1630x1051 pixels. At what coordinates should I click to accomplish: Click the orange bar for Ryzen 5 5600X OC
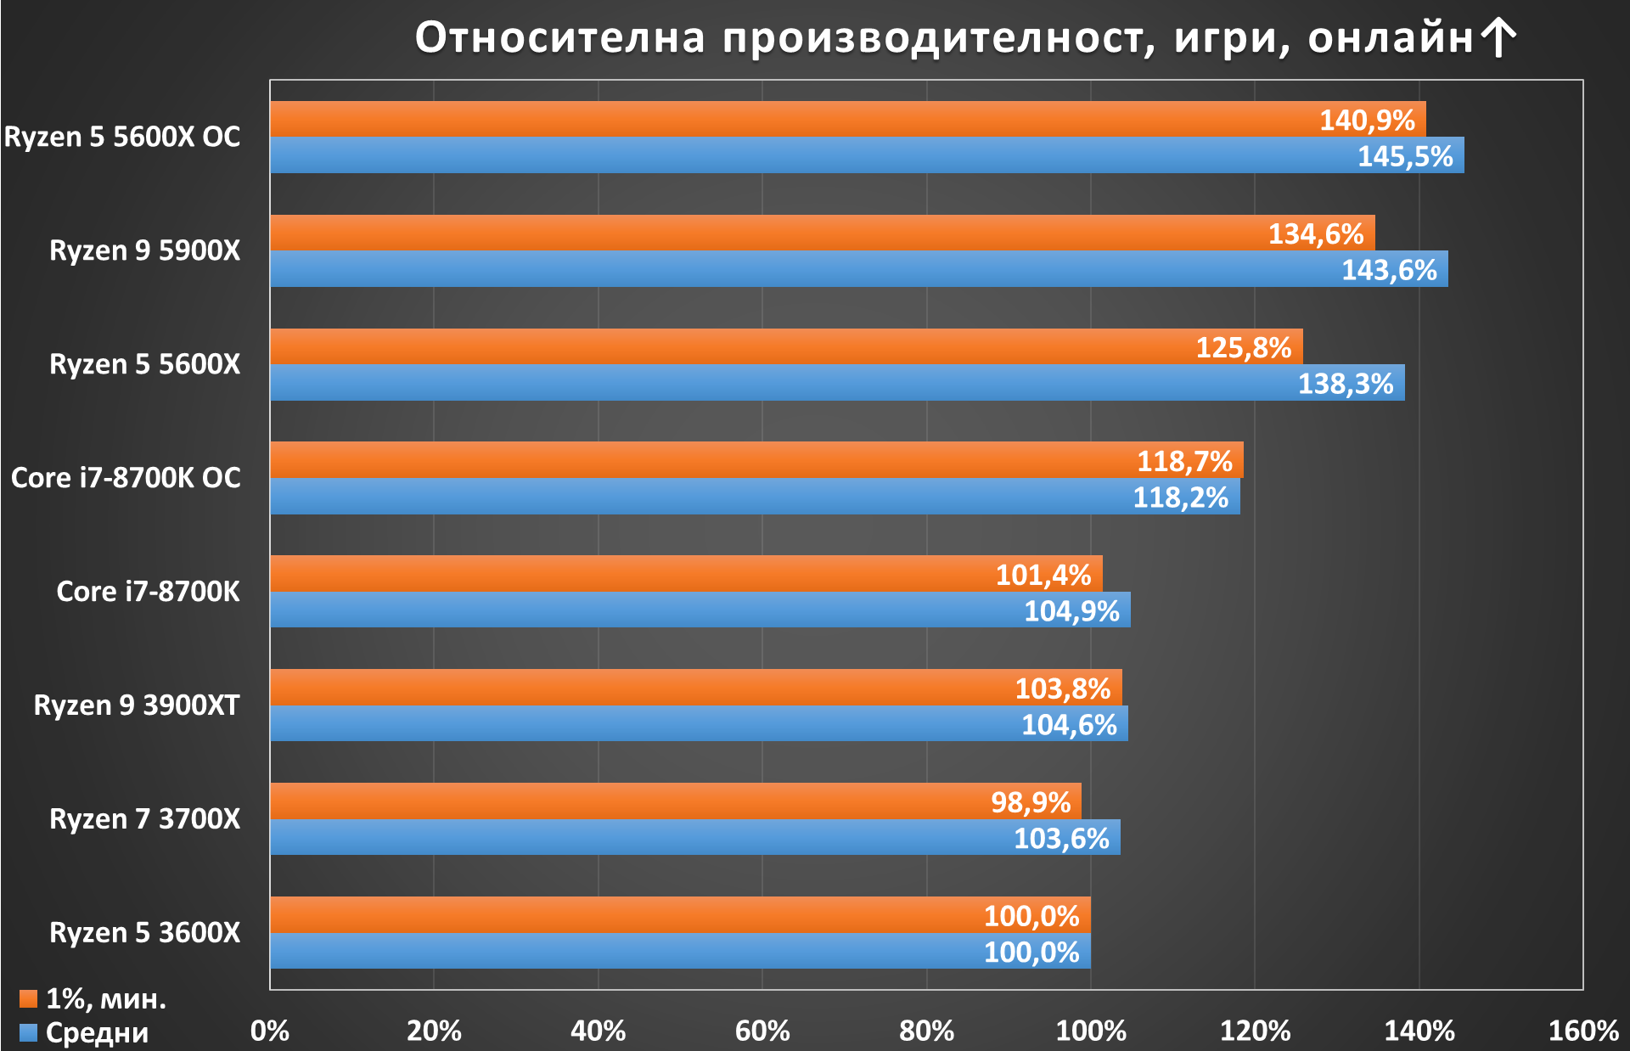click(x=848, y=119)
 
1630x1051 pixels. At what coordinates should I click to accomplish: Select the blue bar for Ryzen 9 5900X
click(x=859, y=268)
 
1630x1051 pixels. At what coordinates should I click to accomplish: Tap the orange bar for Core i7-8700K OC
click(x=757, y=459)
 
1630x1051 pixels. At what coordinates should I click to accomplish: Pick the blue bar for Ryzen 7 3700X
click(x=695, y=837)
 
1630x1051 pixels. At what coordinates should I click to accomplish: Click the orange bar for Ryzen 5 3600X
click(x=681, y=914)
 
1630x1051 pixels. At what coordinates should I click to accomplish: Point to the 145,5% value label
click(x=1405, y=156)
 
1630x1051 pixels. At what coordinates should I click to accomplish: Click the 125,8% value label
click(x=1244, y=347)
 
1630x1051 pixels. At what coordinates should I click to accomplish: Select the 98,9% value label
click(x=1031, y=802)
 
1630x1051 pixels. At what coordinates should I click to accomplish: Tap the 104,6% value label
click(x=1069, y=725)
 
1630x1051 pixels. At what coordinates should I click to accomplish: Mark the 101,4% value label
click(x=1043, y=576)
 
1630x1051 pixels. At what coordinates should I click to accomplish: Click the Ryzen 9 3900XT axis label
click(x=137, y=705)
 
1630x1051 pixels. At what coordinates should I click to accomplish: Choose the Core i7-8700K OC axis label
click(x=126, y=478)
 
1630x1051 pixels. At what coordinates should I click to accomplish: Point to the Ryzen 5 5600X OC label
click(x=122, y=137)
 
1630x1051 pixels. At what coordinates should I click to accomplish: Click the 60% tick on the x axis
click(x=762, y=1031)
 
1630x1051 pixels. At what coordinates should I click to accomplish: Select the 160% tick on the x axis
click(x=1583, y=1031)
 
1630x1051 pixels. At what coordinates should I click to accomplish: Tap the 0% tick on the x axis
click(x=270, y=1031)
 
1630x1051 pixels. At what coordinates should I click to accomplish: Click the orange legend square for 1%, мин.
click(x=29, y=998)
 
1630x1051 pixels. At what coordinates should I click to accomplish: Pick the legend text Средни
click(x=97, y=1033)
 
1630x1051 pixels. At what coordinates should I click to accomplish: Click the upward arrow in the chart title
click(x=1498, y=38)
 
